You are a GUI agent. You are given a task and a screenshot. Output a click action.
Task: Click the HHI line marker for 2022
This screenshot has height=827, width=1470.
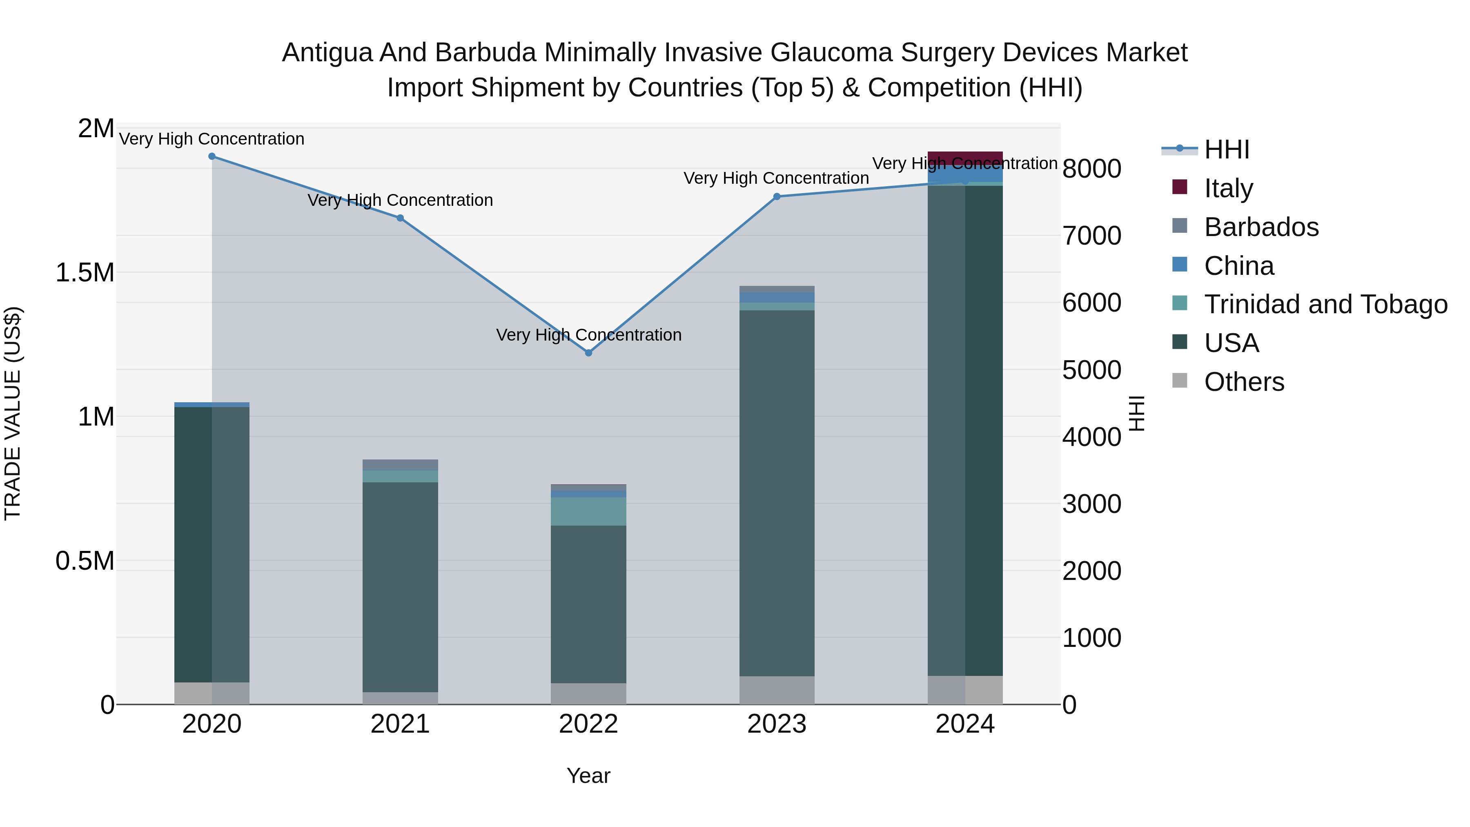tap(588, 353)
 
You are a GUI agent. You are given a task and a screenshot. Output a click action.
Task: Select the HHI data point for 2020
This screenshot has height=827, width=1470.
tap(212, 156)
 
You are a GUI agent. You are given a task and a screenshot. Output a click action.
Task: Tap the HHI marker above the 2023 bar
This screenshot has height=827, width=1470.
tap(777, 197)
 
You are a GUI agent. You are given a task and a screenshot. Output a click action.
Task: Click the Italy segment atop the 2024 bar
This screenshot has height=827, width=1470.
tap(965, 158)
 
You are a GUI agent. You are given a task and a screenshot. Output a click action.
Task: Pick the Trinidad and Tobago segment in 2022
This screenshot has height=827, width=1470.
tap(588, 511)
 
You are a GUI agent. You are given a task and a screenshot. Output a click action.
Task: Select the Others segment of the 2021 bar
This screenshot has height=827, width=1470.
tap(400, 698)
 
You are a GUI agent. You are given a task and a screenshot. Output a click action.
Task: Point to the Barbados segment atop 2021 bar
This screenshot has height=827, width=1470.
tap(400, 465)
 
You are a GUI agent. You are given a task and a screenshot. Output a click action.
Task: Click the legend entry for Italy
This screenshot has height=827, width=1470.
tap(1228, 188)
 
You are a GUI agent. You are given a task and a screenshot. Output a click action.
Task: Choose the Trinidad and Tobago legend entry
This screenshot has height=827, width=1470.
tap(1325, 304)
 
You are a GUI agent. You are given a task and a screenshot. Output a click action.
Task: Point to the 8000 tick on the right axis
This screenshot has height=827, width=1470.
tap(1091, 169)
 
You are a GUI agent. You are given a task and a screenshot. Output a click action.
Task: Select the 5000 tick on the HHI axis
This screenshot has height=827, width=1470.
tap(1091, 370)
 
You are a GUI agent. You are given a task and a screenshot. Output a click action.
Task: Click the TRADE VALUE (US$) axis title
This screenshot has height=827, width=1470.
tap(13, 413)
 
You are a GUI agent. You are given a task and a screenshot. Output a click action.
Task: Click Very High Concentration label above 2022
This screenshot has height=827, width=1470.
tap(588, 335)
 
